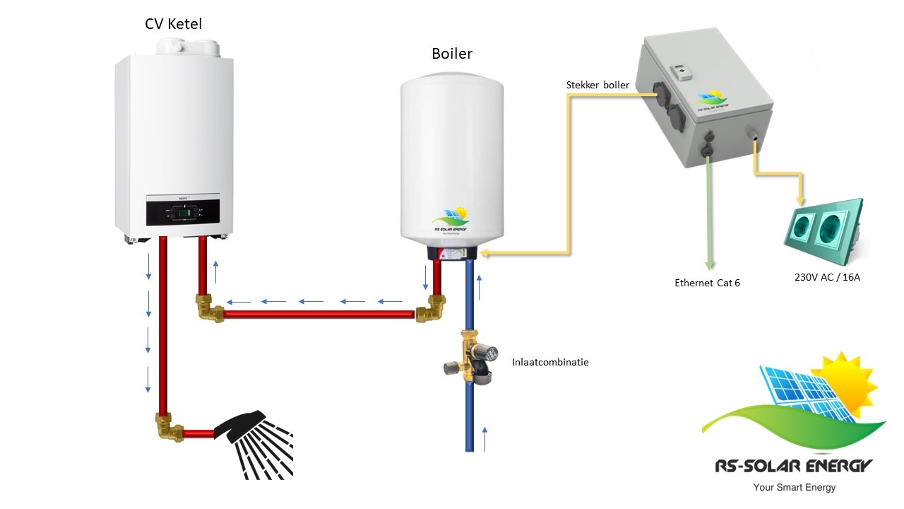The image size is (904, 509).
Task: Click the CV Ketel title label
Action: (x=173, y=24)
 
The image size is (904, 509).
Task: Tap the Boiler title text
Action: (x=452, y=54)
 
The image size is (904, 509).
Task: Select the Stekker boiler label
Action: (x=597, y=85)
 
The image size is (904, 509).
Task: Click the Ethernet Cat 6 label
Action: (x=707, y=283)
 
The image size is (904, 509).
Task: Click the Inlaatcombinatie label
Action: (x=550, y=362)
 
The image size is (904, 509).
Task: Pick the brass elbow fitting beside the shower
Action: (x=169, y=428)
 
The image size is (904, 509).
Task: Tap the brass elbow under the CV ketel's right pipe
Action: (x=209, y=308)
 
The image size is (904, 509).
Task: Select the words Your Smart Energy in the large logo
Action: (x=794, y=487)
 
